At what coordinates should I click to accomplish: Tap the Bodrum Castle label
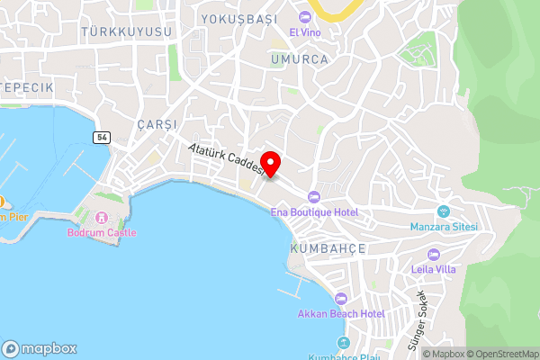point(102,232)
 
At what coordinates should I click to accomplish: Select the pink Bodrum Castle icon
point(102,217)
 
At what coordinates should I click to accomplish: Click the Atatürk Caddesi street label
point(226,157)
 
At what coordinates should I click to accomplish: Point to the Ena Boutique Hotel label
point(315,212)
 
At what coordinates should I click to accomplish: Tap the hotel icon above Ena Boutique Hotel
point(313,197)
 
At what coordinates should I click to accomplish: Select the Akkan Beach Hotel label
point(341,314)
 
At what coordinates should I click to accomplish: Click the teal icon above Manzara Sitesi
point(443,211)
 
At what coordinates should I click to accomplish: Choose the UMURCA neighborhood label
point(299,59)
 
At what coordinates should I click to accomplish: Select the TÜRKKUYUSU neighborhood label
point(126,31)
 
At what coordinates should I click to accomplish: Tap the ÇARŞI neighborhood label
point(157,123)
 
